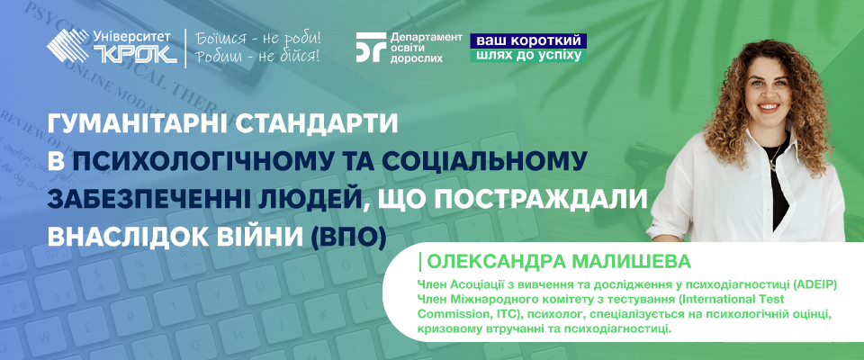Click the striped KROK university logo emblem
(68, 45)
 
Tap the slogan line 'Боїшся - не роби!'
(258, 39)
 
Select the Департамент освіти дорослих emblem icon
(370, 47)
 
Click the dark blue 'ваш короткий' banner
(528, 40)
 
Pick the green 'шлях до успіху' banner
(528, 55)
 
